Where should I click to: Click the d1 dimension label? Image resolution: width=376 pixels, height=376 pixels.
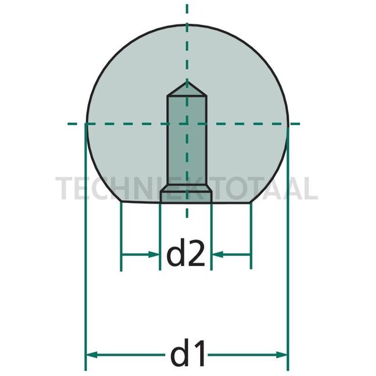pos(186,354)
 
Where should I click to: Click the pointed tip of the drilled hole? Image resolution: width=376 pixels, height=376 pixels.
pos(186,84)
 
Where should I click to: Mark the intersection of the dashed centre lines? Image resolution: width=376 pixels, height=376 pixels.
pos(186,123)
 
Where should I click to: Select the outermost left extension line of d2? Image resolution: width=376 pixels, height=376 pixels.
pos(121,237)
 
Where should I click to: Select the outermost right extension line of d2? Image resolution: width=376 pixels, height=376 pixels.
pos(252,237)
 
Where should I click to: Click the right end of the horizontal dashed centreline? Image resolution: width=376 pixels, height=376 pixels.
pos(298,123)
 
